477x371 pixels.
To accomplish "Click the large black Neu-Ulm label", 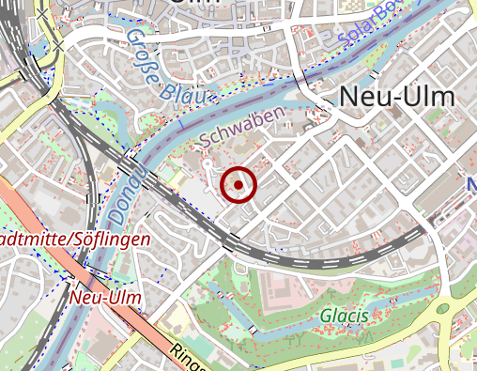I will click(x=394, y=96).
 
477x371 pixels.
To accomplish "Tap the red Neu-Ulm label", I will click(x=105, y=298).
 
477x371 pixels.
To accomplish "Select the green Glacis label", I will click(x=343, y=316).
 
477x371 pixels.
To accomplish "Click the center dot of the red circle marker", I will click(x=238, y=185).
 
